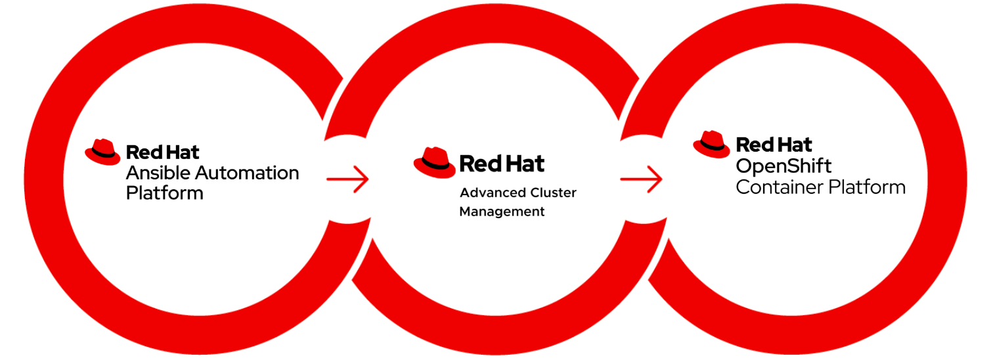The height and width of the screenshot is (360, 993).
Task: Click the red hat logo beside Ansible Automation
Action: [x=102, y=153]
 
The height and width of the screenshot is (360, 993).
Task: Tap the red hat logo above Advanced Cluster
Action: [x=434, y=162]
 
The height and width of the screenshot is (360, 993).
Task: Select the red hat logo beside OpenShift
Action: [x=711, y=145]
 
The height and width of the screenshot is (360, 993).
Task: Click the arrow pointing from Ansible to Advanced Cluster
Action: [x=347, y=178]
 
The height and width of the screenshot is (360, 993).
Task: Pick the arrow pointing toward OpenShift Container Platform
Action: [x=641, y=178]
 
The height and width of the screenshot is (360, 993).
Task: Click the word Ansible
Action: [x=153, y=173]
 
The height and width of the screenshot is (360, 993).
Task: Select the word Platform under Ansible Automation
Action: [x=164, y=193]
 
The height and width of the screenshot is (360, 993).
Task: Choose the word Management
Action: [x=502, y=212]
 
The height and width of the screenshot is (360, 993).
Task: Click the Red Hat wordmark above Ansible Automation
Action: [x=162, y=153]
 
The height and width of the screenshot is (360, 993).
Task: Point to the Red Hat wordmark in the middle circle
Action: [x=502, y=163]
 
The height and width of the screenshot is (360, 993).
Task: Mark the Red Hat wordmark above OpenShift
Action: [x=774, y=145]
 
